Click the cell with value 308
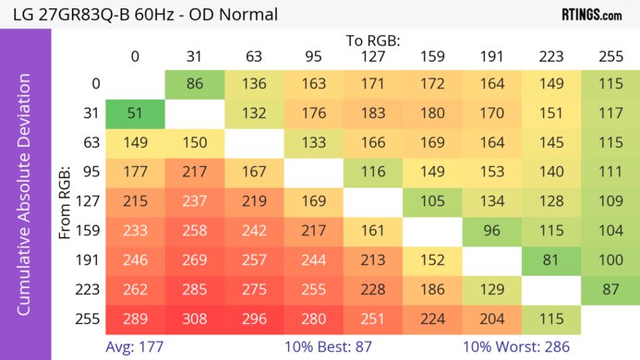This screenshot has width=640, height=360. (195, 318)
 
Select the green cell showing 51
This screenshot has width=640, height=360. (135, 114)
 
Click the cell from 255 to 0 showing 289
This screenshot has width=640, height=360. (135, 318)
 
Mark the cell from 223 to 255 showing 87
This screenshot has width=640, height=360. (610, 289)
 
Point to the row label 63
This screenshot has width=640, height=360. (91, 143)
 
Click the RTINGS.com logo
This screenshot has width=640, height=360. (590, 15)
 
